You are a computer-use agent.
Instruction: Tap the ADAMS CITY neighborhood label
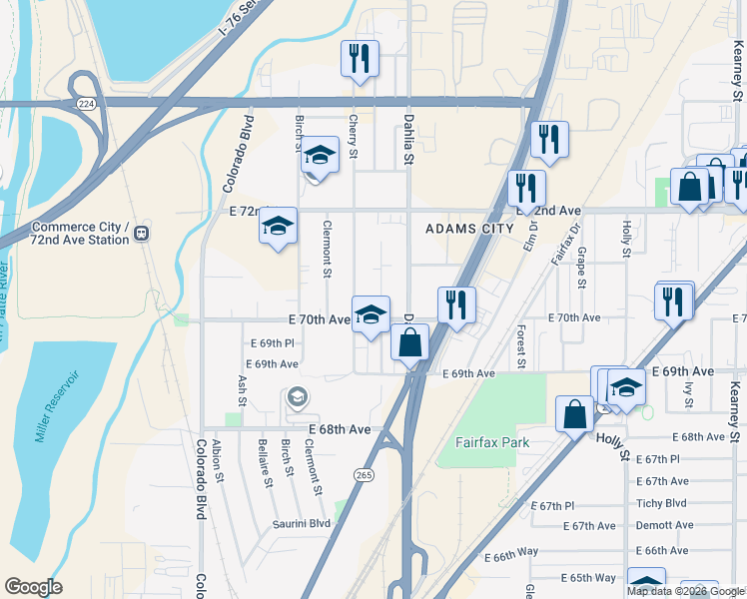coord(467,229)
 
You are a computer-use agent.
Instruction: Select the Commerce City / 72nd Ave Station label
coord(80,233)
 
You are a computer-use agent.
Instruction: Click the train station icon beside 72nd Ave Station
coord(142,233)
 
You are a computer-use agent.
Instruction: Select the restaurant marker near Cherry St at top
coord(359,59)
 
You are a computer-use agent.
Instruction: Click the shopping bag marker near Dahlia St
coord(409,342)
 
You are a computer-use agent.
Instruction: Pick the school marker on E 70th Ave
coord(371,314)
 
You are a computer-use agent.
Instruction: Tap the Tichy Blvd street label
coord(661,503)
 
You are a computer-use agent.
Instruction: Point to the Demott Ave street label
coord(664,525)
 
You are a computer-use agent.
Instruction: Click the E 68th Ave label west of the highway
coord(340,429)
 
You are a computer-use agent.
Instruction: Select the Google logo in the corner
coord(33,587)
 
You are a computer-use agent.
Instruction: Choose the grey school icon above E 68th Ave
coord(297,398)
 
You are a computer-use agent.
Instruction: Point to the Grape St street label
coord(580,265)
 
